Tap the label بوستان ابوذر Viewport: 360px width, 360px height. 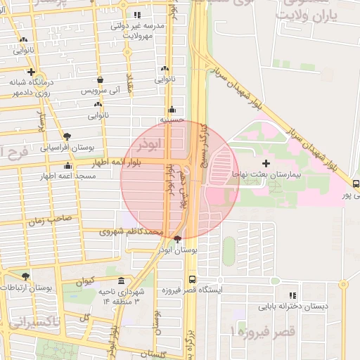[178, 250]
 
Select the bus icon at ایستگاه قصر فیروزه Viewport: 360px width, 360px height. [192, 280]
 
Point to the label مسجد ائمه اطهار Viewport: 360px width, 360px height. [47, 176]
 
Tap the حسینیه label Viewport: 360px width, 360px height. [172, 120]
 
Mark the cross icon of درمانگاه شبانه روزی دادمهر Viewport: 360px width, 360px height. [31, 72]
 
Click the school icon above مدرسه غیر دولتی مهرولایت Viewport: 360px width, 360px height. [137, 14]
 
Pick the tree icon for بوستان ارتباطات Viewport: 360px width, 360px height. [26, 277]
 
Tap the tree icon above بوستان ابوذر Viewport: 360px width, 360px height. [176, 239]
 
